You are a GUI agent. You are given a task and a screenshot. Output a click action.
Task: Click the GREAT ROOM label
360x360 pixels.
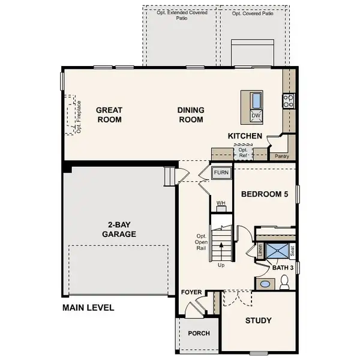(109, 115)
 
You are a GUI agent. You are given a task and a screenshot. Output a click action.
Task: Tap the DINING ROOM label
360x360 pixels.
(190, 115)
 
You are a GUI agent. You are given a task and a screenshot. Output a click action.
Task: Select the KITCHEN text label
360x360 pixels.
(245, 136)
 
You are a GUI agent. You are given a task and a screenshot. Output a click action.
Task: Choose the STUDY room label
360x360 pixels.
(258, 320)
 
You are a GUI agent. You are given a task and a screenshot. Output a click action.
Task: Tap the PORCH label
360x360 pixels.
(199, 334)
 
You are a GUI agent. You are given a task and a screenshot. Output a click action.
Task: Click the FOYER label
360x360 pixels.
(191, 292)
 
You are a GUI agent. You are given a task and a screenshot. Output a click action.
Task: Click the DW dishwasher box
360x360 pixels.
(256, 115)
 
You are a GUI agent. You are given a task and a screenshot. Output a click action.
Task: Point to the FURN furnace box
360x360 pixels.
(221, 173)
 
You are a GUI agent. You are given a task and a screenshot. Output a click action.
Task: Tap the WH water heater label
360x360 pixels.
(220, 203)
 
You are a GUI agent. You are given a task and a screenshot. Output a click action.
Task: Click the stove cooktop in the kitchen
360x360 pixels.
(288, 101)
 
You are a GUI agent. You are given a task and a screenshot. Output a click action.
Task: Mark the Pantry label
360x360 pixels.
(281, 156)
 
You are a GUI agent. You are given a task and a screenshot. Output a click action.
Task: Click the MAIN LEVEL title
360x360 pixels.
(88, 308)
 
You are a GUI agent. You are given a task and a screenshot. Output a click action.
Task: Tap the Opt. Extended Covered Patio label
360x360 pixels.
(181, 14)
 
